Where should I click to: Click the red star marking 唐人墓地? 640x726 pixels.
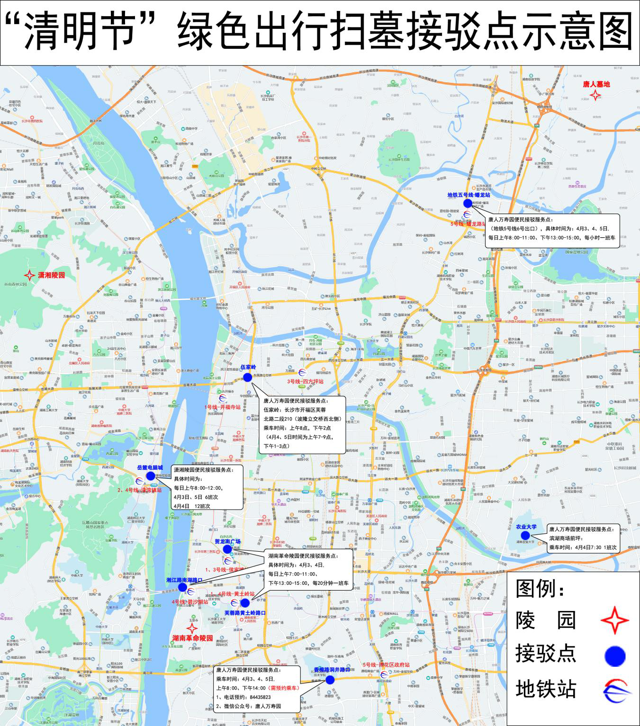595,95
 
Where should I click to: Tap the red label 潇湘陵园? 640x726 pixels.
51,275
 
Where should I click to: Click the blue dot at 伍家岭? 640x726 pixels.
247,377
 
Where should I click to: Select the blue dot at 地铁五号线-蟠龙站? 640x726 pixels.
468,203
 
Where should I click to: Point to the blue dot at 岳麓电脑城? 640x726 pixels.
151,476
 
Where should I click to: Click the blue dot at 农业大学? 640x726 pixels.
525,536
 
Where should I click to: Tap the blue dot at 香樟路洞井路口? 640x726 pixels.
330,680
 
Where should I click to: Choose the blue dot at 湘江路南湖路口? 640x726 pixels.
182,587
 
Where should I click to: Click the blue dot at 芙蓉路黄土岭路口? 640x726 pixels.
245,603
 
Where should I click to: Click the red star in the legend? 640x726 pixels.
614,620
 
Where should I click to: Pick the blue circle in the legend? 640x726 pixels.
615,656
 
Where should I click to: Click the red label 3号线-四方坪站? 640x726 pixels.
305,381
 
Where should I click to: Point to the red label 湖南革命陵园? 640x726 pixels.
192,638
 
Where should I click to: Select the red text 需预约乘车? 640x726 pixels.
283,688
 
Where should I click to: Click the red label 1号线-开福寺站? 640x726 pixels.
222,407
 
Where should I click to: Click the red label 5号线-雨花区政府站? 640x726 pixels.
386,665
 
